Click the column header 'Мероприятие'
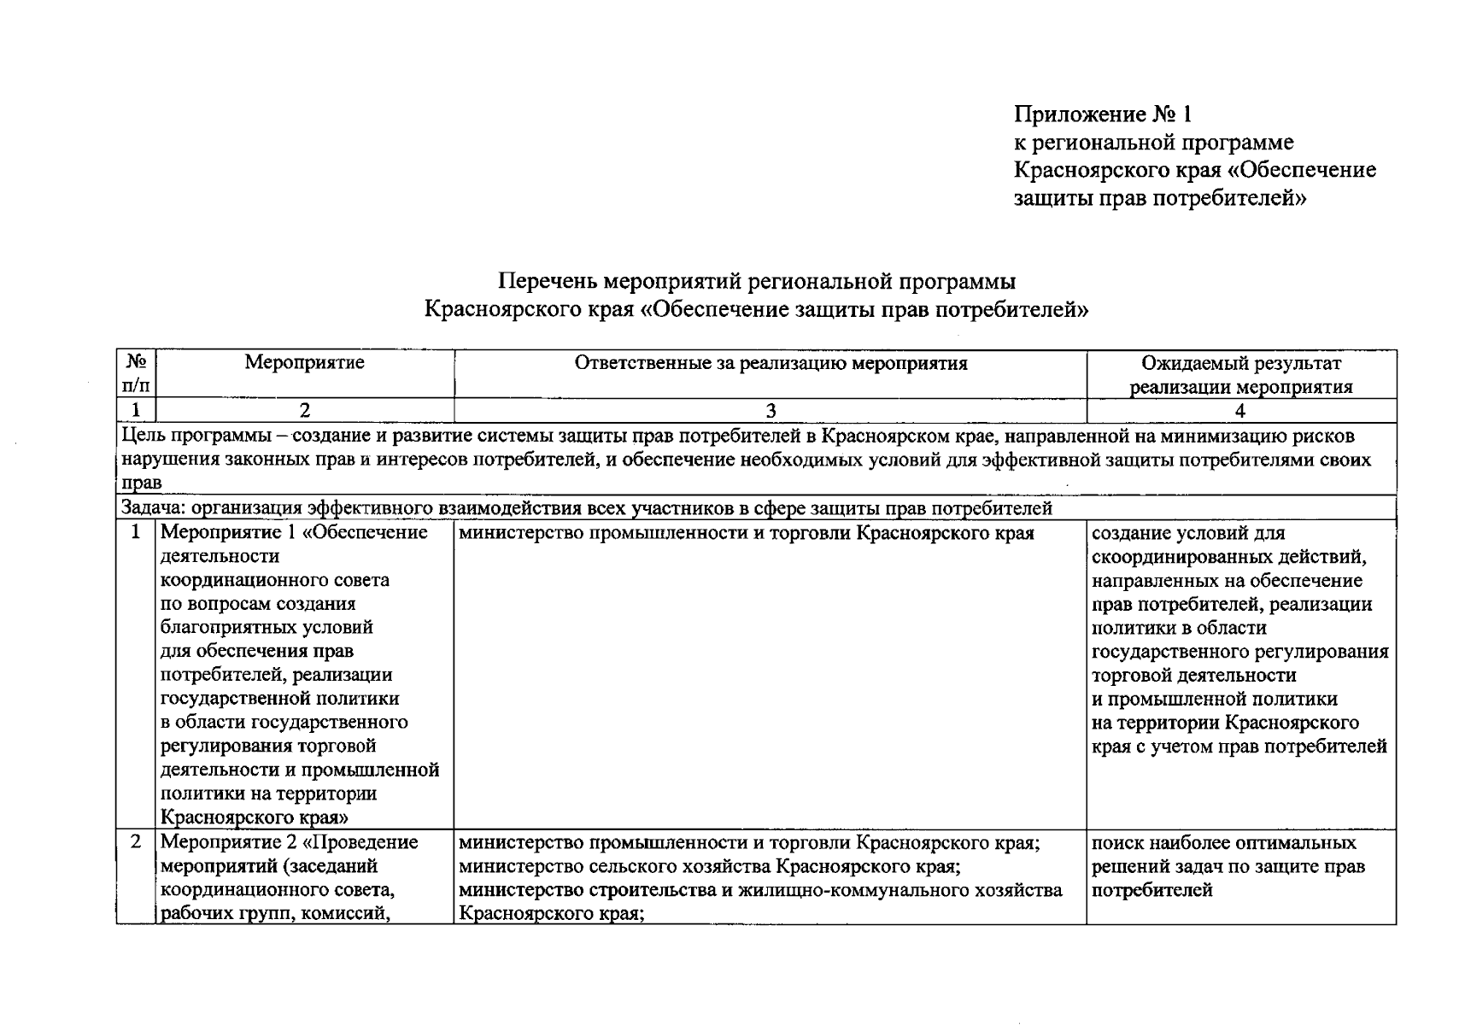tap(304, 363)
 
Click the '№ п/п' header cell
tap(136, 373)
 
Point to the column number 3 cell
tap(771, 411)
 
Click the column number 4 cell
tap(1240, 411)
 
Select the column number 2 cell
tap(304, 411)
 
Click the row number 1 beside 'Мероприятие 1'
tap(136, 533)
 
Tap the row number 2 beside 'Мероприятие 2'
tap(136, 842)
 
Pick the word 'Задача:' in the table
tap(154, 509)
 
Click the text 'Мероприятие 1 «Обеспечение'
tap(294, 533)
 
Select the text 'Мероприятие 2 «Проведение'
tap(289, 842)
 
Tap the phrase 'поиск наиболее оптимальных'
tap(1223, 843)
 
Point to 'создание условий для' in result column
tap(1187, 533)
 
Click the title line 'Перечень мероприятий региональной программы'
tap(757, 281)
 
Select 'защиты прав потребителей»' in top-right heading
tap(1160, 198)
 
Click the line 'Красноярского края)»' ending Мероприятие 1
tap(254, 817)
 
